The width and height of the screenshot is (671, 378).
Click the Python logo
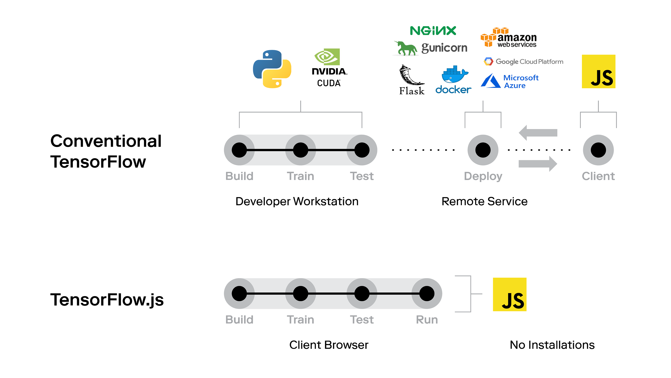pos(272,69)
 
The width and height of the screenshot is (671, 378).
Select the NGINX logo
pos(433,31)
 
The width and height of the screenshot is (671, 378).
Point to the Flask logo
pos(412,80)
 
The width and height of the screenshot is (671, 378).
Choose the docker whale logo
pos(454,79)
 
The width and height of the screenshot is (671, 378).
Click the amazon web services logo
pos(509,38)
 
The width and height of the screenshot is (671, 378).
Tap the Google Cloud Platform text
pos(529,62)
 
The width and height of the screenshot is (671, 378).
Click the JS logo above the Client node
pos(598,71)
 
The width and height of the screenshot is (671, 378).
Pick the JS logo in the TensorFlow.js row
pos(510,294)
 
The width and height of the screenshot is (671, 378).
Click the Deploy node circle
pos(483,150)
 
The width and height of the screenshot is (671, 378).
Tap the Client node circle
pos(598,150)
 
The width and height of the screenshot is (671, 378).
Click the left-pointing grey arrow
pos(538,133)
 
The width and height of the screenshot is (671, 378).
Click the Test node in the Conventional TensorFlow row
pos(362,150)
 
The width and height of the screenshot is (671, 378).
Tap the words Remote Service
pos(484,201)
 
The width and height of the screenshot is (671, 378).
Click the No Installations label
pos(552,345)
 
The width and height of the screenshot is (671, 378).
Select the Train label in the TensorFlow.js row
pos(300,320)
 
